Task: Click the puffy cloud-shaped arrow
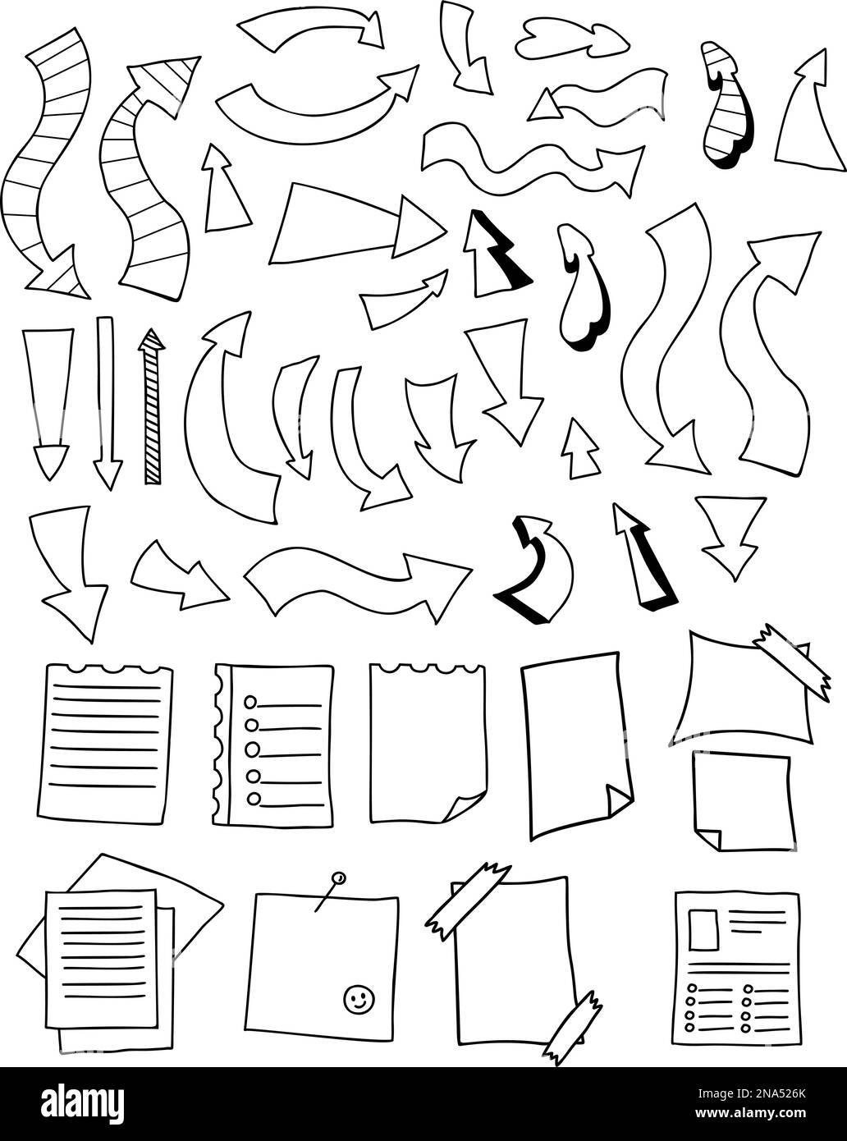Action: point(571,38)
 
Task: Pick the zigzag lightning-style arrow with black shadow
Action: point(495,255)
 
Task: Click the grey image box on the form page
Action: point(703,928)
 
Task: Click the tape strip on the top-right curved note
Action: point(792,661)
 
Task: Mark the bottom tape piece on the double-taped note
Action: point(572,1026)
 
